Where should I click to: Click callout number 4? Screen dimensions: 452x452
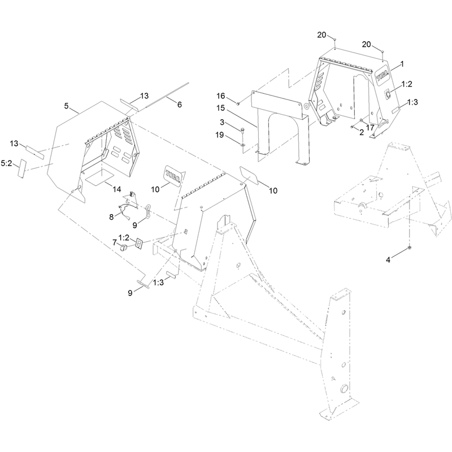tap(388, 260)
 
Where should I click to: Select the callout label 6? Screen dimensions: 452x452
tap(179, 105)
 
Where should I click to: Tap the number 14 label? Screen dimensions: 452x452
tap(117, 189)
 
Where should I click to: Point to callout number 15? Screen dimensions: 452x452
tap(220, 108)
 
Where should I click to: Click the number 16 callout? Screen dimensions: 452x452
tap(221, 95)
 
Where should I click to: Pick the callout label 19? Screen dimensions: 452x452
tap(220, 134)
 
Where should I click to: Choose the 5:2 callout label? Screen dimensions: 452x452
tap(6, 163)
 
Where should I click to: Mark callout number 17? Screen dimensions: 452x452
tap(370, 127)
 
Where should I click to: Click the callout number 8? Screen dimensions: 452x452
tap(111, 217)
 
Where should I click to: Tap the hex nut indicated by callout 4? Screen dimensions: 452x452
tap(409, 247)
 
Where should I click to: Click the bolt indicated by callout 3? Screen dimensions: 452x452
tap(242, 130)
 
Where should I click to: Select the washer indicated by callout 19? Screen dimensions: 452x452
tap(243, 144)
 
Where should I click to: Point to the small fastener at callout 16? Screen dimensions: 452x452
tap(238, 103)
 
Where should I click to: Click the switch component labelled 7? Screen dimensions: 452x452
tap(123, 247)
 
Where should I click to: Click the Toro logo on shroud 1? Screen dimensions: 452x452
tap(383, 77)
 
